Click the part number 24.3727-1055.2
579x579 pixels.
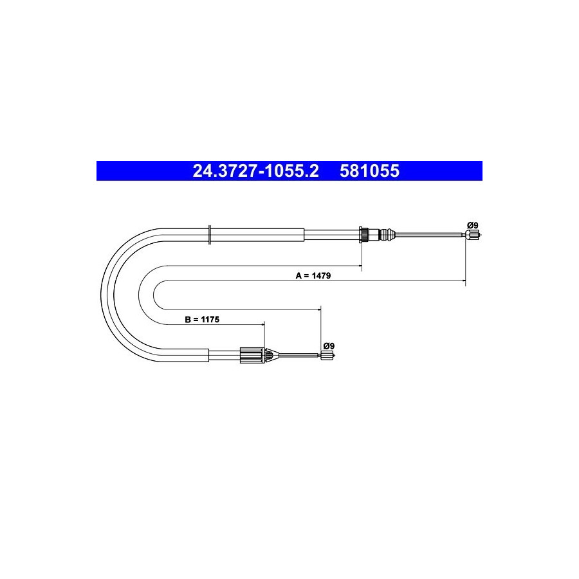click(x=255, y=171)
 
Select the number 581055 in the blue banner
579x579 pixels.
click(x=370, y=171)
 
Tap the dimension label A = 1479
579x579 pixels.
click(x=313, y=275)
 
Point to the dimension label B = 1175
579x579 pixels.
click(x=202, y=319)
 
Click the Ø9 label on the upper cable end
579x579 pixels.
click(x=473, y=225)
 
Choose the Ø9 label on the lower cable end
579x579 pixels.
click(x=329, y=346)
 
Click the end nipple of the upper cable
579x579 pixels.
click(x=473, y=234)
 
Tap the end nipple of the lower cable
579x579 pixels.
click(x=327, y=356)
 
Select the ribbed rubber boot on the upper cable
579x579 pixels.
click(x=387, y=234)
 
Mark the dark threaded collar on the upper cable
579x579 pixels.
click(x=363, y=234)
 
